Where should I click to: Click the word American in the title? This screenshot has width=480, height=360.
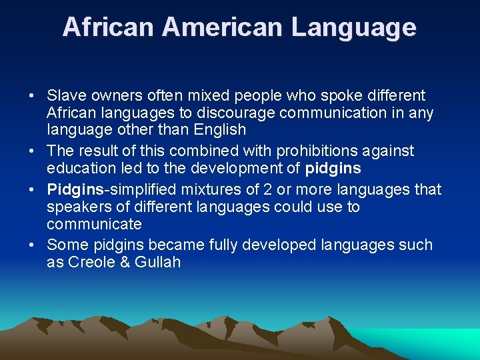222,27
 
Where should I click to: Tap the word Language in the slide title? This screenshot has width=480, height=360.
354,27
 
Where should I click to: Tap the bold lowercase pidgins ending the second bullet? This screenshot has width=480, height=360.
333,168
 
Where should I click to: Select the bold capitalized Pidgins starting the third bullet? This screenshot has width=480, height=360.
73,190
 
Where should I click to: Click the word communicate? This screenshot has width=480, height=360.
94,223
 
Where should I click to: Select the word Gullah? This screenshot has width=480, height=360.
157,262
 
